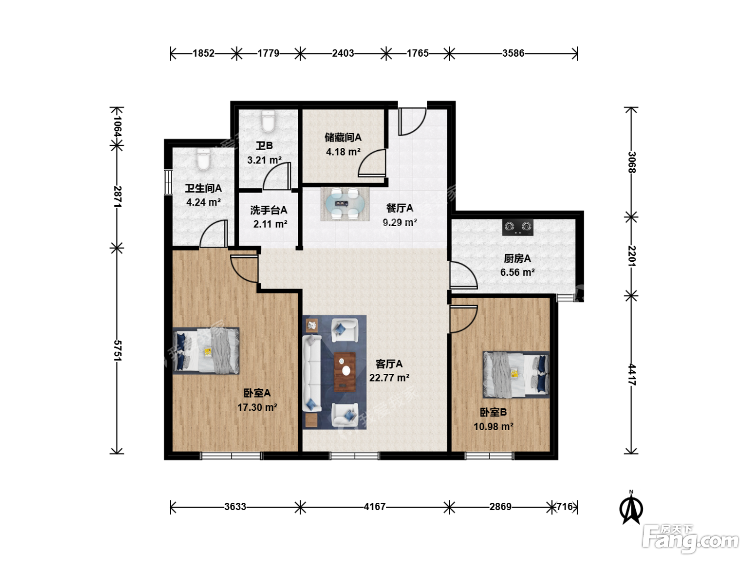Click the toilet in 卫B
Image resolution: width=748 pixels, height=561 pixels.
coord(268,121)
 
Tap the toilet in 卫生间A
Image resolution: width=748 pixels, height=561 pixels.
coord(203,159)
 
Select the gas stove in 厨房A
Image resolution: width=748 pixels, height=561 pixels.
coord(517,227)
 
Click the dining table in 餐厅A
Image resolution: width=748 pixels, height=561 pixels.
coord(345,204)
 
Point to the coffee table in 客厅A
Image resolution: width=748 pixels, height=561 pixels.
coord(345,372)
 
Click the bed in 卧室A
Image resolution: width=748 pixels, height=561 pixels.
coord(206,351)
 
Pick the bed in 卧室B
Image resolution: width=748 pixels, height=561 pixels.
coord(516,375)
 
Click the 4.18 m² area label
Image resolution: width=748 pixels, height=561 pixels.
coord(343,152)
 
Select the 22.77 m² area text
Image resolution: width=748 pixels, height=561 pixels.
coord(389,378)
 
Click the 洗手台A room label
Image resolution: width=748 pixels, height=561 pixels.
coord(269,210)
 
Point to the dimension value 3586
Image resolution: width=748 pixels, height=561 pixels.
coord(513,53)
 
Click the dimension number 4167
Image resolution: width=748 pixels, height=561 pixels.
coord(375,507)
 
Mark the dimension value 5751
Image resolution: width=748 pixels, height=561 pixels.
coord(117,350)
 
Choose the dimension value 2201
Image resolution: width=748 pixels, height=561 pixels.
coord(632,256)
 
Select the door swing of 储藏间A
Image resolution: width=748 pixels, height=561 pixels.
coord(372,163)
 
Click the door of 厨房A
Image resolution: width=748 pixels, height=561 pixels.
coord(463,275)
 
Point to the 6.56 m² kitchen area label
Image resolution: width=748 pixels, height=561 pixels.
coord(517,272)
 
